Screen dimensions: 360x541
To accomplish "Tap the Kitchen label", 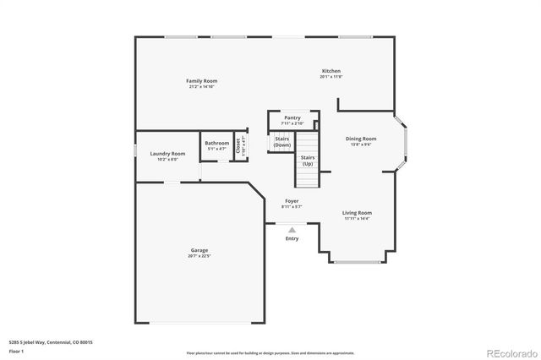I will [x=331, y=71].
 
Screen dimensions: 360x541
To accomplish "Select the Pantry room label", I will [x=292, y=118].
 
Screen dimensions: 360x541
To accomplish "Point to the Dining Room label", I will [x=361, y=139].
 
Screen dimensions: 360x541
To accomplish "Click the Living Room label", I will [x=357, y=213].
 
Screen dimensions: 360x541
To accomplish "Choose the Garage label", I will [x=199, y=250].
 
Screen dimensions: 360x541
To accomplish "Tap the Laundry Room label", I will [x=167, y=154].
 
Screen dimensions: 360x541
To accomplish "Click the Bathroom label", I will [x=216, y=143].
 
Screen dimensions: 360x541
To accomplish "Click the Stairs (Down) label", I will [x=282, y=142].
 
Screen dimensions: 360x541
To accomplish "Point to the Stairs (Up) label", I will [x=308, y=161].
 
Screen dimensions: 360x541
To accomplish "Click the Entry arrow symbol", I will [x=292, y=229].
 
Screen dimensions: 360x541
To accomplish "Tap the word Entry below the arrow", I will [x=292, y=239].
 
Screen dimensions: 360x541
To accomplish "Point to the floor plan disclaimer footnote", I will [x=270, y=352].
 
